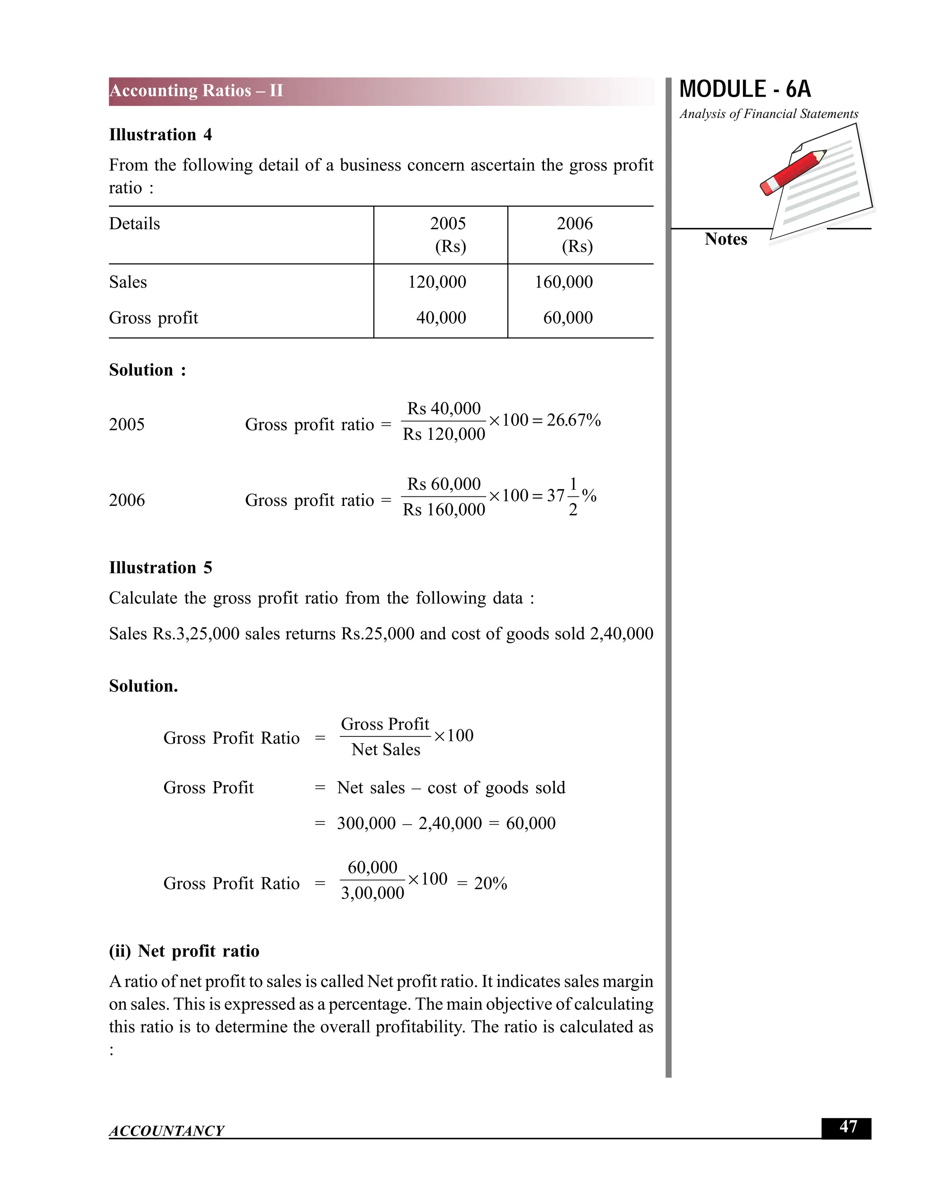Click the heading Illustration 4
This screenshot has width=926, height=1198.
[x=160, y=135]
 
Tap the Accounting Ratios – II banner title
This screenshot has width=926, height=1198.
[x=196, y=90]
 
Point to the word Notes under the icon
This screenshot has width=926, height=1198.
[x=725, y=239]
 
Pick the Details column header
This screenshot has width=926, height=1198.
[x=134, y=224]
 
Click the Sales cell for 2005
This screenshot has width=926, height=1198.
[x=437, y=282]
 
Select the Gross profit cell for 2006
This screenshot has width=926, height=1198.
[x=568, y=318]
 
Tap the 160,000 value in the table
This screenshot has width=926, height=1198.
[x=563, y=282]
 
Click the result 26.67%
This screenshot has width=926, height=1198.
[x=573, y=420]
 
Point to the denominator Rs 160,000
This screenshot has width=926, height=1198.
[x=444, y=510]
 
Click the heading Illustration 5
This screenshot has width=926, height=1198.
[x=160, y=568]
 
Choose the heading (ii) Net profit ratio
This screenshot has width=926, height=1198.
[x=184, y=951]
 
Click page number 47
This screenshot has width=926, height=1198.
[x=848, y=1127]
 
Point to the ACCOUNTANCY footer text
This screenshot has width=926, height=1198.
[x=166, y=1131]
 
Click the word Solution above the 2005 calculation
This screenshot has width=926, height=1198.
[x=141, y=370]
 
